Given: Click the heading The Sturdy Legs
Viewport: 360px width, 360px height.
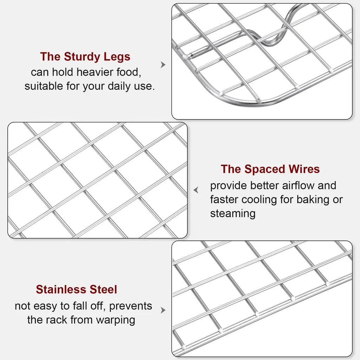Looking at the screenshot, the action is (85, 57).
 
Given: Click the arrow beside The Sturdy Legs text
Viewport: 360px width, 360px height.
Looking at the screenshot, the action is (163, 65).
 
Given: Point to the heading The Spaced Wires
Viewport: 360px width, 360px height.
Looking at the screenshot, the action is (270, 169).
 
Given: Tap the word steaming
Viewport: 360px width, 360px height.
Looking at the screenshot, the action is (233, 214).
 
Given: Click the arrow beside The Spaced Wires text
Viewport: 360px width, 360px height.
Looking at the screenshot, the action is (196, 190).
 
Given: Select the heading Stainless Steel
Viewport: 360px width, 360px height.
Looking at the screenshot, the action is (76, 289).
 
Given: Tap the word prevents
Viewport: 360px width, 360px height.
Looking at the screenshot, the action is (130, 306).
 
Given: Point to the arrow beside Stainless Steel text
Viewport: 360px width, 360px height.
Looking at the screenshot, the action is (163, 310).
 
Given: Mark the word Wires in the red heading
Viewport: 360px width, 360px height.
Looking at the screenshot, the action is (304, 169).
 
